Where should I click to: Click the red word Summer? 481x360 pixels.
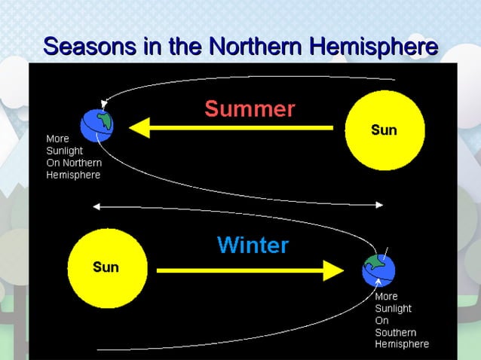click(x=250, y=109)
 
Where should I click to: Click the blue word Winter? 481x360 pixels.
click(x=253, y=245)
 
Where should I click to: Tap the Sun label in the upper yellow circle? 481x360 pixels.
click(x=384, y=130)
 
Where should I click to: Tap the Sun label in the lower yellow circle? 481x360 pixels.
click(x=106, y=267)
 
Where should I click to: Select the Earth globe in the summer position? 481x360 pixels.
click(x=98, y=124)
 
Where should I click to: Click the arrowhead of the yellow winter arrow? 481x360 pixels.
click(x=333, y=270)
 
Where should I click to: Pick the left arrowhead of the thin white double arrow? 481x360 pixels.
click(x=94, y=205)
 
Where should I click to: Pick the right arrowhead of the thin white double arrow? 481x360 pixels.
click(x=382, y=205)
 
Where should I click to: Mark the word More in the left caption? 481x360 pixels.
click(x=57, y=139)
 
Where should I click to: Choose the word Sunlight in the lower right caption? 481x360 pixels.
click(x=394, y=309)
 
